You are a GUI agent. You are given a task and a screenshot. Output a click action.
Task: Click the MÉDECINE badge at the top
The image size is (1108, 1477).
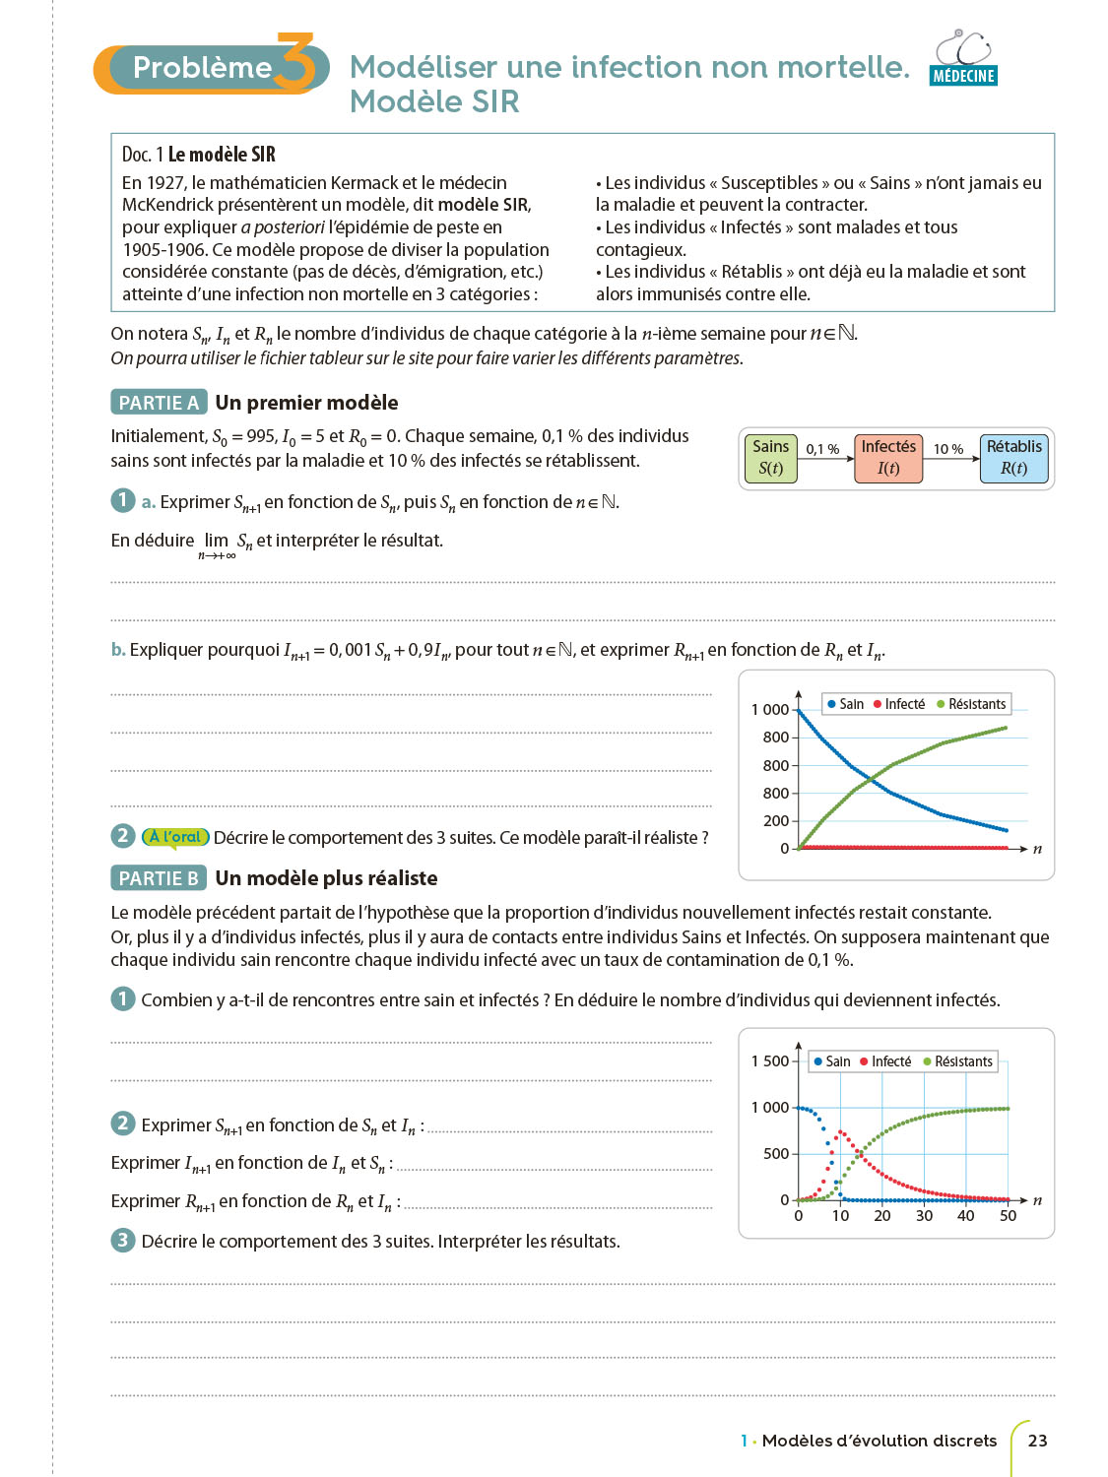pyautogui.click(x=963, y=76)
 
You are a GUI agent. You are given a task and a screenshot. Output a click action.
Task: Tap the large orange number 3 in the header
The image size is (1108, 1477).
pyautogui.click(x=294, y=63)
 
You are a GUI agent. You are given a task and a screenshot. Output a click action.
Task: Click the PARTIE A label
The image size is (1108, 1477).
pyautogui.click(x=159, y=403)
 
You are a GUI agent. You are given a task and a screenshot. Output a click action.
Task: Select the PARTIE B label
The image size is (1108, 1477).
pyautogui.click(x=159, y=878)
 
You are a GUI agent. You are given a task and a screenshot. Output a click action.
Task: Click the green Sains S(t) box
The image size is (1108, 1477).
pyautogui.click(x=770, y=458)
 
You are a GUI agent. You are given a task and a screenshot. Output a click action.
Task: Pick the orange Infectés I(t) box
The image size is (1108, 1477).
pyautogui.click(x=888, y=458)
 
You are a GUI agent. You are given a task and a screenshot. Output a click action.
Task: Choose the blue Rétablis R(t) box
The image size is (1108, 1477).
pyautogui.click(x=1013, y=458)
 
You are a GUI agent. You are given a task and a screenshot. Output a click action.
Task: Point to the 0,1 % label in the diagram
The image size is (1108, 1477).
pyautogui.click(x=822, y=449)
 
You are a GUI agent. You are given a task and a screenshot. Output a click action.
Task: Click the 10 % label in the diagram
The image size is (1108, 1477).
pyautogui.click(x=948, y=449)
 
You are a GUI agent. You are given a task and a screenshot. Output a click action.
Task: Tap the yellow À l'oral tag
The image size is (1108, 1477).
pyautogui.click(x=175, y=837)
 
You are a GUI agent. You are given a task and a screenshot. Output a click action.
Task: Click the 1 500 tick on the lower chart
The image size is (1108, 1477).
pyautogui.click(x=770, y=1060)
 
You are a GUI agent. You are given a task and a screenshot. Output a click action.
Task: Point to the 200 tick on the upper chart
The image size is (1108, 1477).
pyautogui.click(x=776, y=820)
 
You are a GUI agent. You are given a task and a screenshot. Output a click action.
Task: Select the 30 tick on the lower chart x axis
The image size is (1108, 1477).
pyautogui.click(x=924, y=1216)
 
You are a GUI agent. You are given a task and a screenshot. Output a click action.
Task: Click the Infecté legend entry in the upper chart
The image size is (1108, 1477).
pyautogui.click(x=899, y=704)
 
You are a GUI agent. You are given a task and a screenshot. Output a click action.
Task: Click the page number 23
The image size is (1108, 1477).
pyautogui.click(x=1037, y=1441)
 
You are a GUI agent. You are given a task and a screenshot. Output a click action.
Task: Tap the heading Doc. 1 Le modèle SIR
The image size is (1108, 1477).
pyautogui.click(x=199, y=155)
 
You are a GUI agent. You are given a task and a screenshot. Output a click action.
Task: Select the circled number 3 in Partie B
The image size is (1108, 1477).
pyautogui.click(x=122, y=1240)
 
